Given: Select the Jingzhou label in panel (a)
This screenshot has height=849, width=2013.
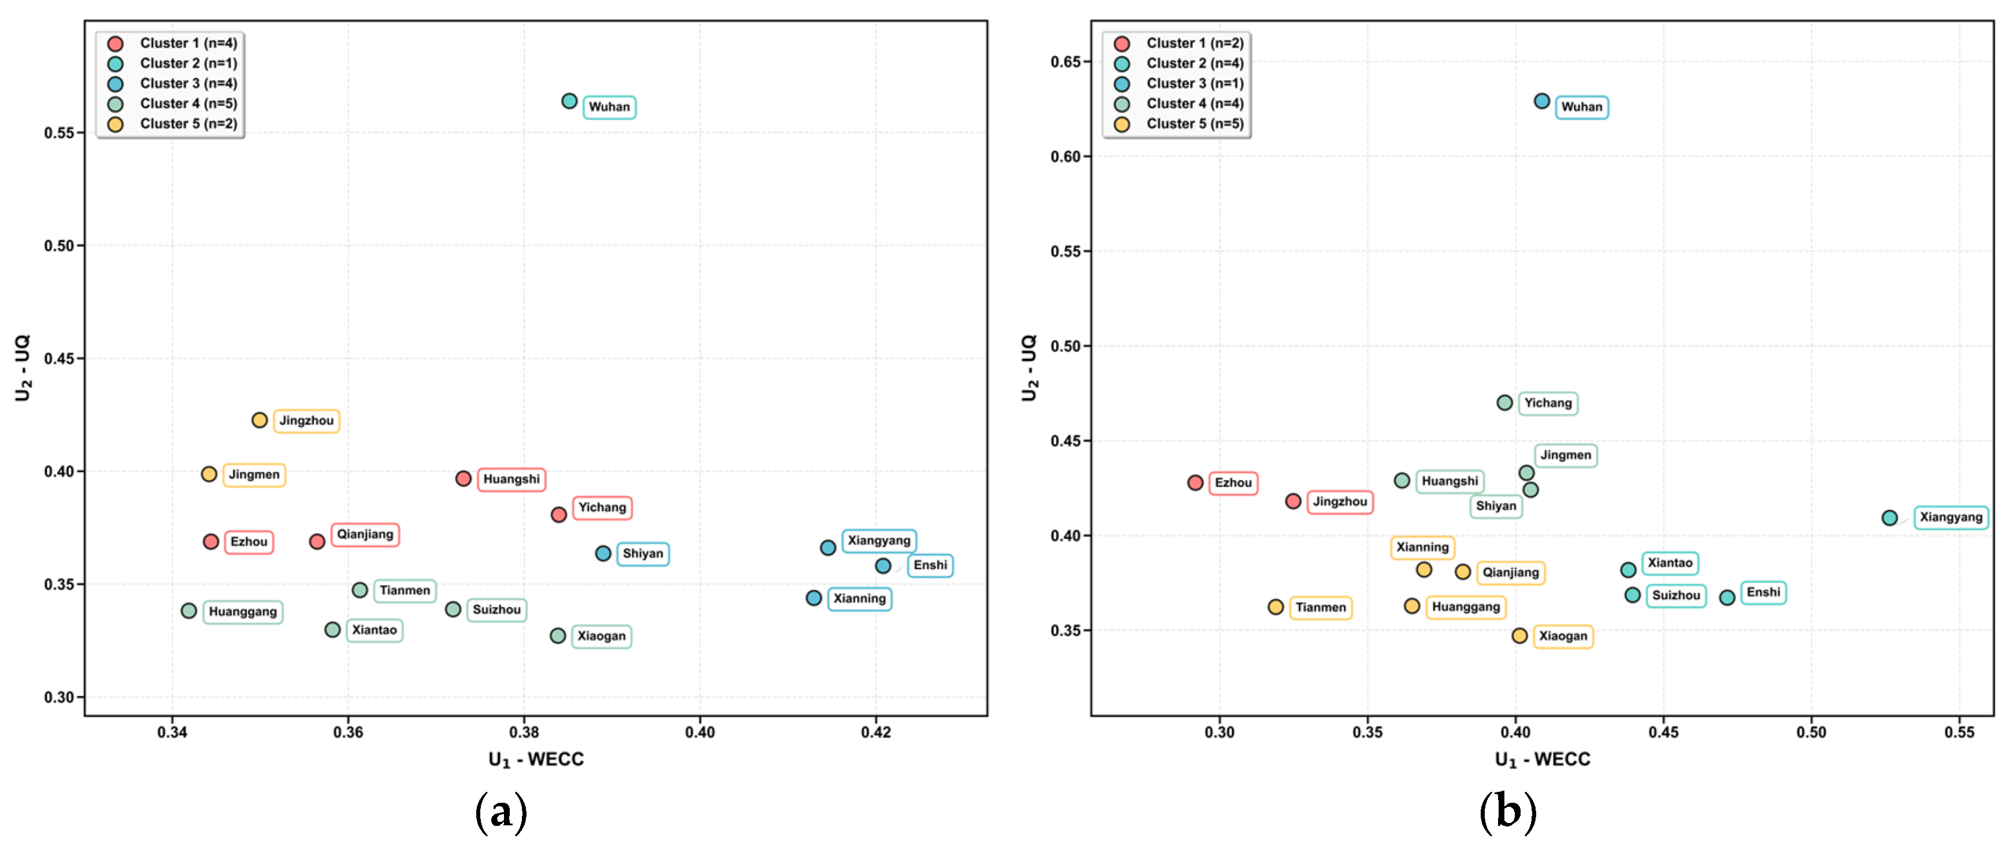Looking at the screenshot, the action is click(x=306, y=421).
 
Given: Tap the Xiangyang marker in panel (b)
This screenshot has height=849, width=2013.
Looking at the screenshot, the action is click(x=1889, y=518).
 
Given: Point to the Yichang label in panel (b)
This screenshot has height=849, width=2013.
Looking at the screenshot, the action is click(x=1548, y=403).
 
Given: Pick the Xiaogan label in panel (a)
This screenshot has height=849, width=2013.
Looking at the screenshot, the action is click(x=602, y=636).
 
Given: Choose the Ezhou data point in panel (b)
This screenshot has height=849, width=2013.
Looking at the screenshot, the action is click(x=1195, y=483).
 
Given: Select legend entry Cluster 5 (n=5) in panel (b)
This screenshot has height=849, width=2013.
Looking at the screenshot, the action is click(x=1178, y=124).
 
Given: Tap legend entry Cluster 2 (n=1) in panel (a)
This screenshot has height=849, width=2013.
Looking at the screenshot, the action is click(x=172, y=64).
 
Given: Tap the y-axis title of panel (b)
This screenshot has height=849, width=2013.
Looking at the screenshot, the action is click(x=1029, y=368).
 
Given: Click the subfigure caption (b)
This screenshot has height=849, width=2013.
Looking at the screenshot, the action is click(x=1507, y=813).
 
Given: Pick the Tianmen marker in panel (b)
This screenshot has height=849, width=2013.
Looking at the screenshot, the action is click(x=1276, y=607).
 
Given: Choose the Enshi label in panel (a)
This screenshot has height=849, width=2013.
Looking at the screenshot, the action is click(x=930, y=565).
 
